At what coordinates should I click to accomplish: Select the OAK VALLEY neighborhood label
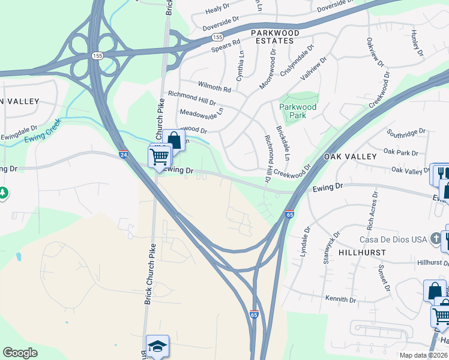pyautogui.click(x=350, y=156)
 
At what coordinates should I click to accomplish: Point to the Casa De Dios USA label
pyautogui.click(x=392, y=239)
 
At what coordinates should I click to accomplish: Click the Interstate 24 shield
pyautogui.click(x=123, y=154)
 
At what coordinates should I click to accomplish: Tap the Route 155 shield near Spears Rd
pyautogui.click(x=217, y=37)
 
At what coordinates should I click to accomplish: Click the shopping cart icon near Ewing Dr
pyautogui.click(x=160, y=157)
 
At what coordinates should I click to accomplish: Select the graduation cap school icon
pyautogui.click(x=157, y=347)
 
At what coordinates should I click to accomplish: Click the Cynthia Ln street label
pyautogui.click(x=241, y=66)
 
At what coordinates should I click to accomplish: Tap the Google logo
pyautogui.click(x=20, y=352)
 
